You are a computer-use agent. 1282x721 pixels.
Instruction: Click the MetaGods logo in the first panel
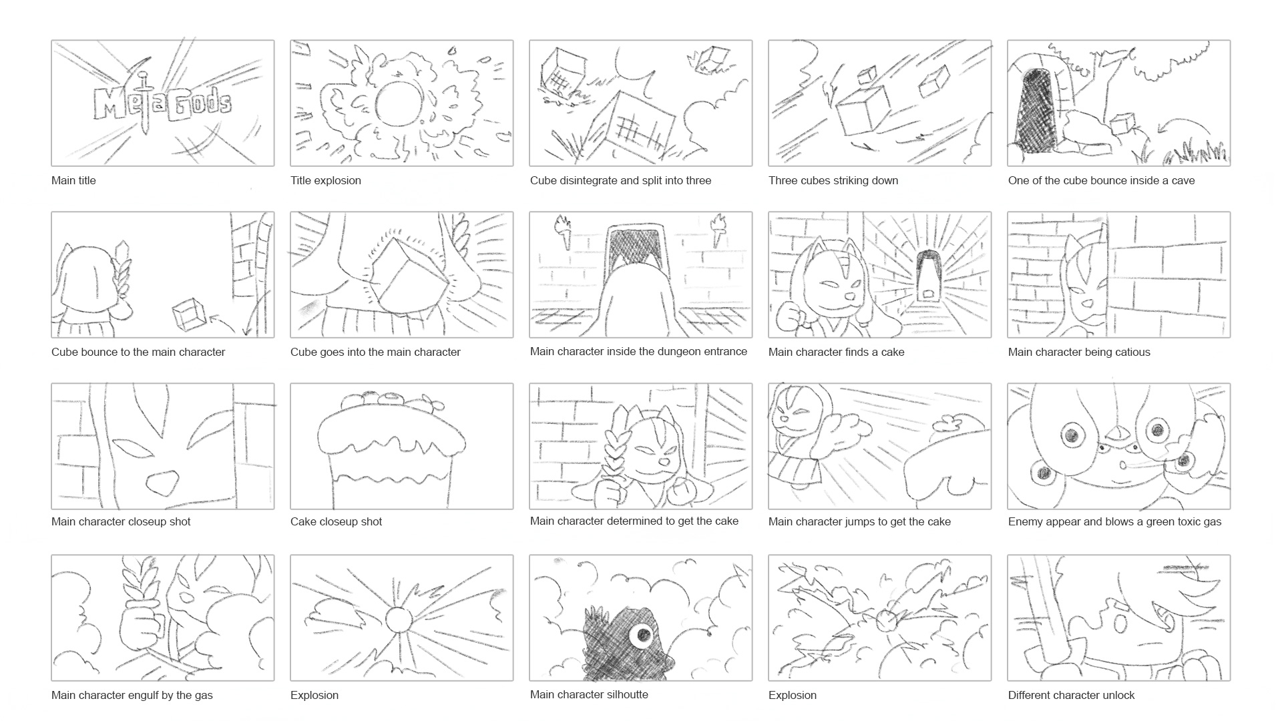[x=162, y=104]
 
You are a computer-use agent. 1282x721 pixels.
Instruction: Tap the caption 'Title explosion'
[x=326, y=180]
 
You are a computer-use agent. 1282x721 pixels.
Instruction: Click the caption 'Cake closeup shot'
[x=336, y=521]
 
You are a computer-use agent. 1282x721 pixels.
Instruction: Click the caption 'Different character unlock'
[x=1071, y=695]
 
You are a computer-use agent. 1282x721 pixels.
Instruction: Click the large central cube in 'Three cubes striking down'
[x=863, y=111]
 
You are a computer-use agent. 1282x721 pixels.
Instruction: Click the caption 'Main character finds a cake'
[x=836, y=352]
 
